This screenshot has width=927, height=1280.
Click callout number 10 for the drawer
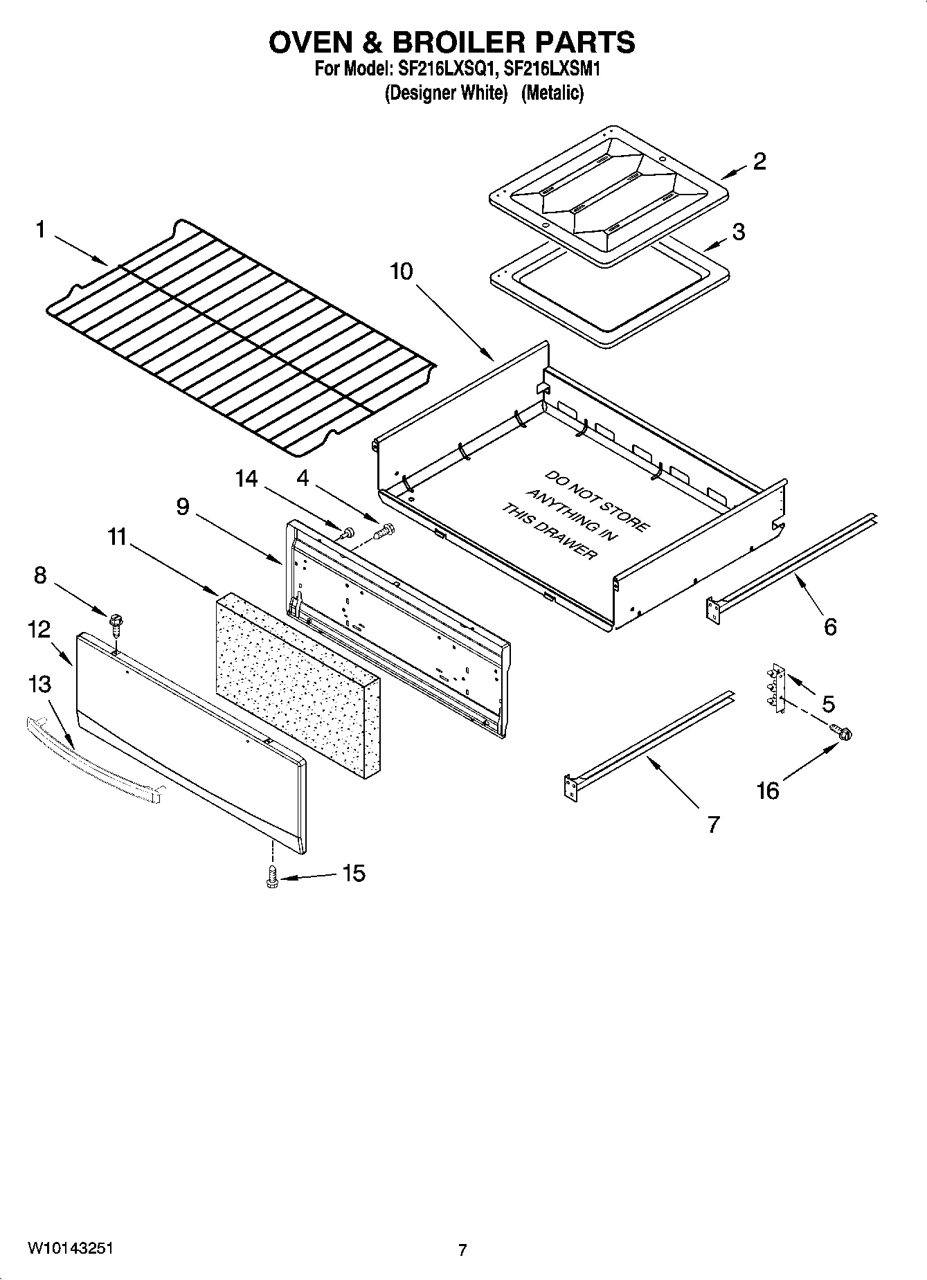(x=401, y=271)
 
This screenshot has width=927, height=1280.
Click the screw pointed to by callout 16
(x=843, y=732)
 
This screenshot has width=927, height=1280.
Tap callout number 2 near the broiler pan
(x=759, y=161)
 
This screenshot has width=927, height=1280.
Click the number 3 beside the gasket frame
(x=738, y=231)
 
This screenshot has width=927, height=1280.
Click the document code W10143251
(x=71, y=1248)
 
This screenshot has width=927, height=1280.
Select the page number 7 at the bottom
(x=462, y=1250)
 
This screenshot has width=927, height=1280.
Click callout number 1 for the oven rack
(x=40, y=230)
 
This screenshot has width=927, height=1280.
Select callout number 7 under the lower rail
(x=713, y=824)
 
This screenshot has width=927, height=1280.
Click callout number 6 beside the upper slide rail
(x=829, y=627)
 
